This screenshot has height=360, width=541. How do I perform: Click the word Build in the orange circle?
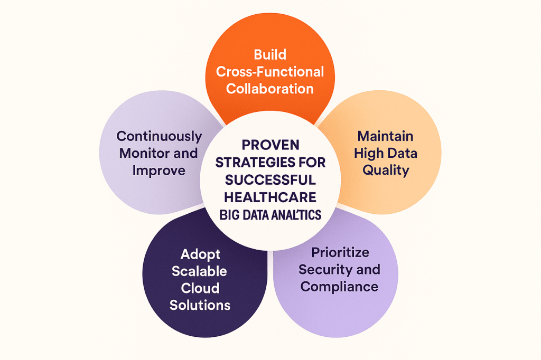click(270, 54)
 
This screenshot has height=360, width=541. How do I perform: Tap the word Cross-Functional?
click(270, 71)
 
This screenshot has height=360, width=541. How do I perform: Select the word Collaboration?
click(270, 88)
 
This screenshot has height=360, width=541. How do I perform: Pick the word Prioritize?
click(340, 252)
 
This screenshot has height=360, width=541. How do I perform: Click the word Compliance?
click(340, 287)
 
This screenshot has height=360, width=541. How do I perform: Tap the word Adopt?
click(200, 254)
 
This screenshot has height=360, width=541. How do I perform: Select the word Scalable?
click(200, 271)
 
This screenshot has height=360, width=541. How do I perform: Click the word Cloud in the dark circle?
click(200, 288)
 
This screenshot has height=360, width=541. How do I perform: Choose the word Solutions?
click(200, 305)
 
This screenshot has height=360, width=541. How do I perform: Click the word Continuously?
click(159, 136)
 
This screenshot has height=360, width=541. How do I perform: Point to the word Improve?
click(159, 170)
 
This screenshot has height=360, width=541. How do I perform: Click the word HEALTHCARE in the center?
click(270, 197)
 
